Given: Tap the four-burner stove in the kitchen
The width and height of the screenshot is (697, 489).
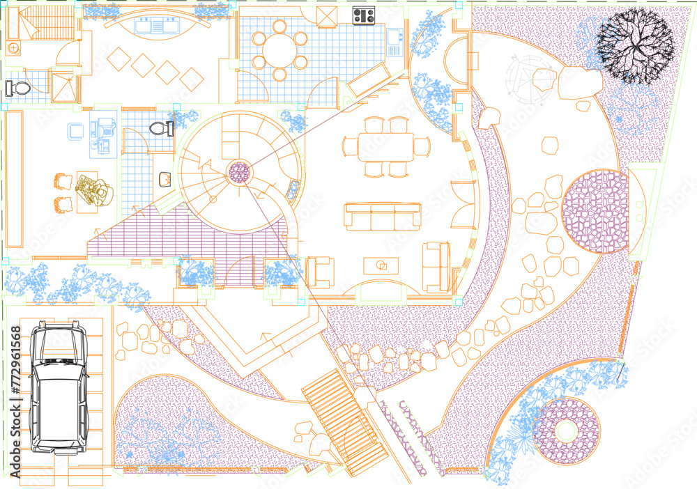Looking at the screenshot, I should click(x=363, y=15).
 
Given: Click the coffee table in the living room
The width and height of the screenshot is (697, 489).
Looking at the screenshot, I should click(x=381, y=265).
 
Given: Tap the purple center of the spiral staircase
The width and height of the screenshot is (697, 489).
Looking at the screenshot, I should click(x=240, y=172).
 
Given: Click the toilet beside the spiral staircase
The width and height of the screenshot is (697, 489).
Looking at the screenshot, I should click(x=160, y=128).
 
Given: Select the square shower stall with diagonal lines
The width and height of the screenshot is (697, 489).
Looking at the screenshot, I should click(x=62, y=88).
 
